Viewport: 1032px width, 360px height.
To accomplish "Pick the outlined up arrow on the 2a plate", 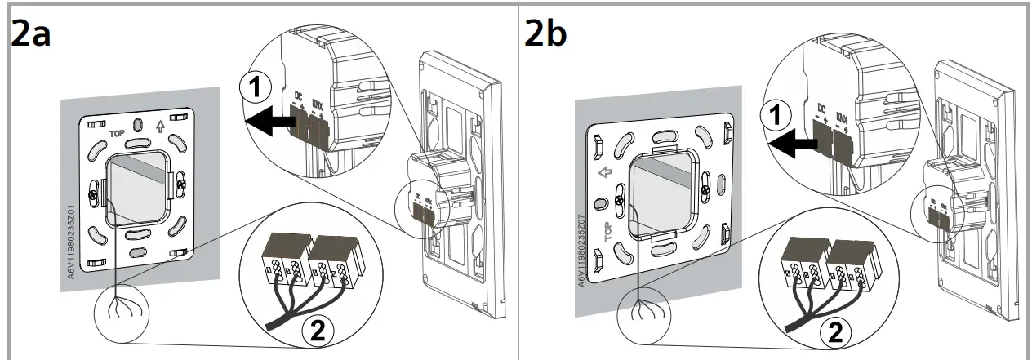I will tap(160, 126).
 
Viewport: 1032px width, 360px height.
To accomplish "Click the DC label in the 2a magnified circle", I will tap(298, 96).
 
